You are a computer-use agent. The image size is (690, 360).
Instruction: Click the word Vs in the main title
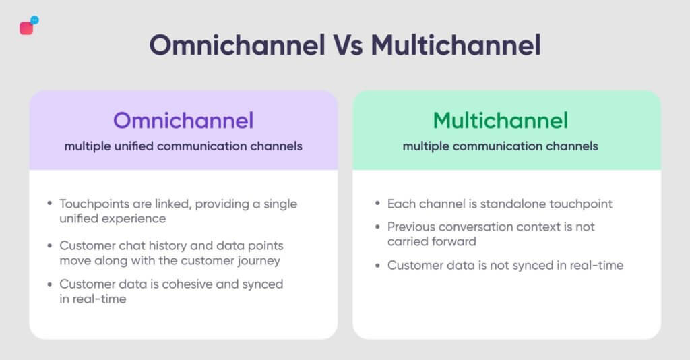tap(348, 45)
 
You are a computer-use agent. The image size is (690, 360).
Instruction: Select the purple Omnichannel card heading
tap(183, 120)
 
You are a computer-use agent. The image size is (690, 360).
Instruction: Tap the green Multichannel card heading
tap(501, 120)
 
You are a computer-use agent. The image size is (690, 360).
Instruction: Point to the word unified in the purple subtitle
tap(134, 146)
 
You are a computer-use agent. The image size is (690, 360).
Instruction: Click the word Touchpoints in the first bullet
tap(94, 204)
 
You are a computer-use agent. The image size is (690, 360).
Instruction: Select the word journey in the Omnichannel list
tap(259, 260)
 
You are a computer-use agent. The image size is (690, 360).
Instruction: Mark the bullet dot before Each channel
tap(377, 203)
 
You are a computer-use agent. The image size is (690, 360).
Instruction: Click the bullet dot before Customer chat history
tap(50, 245)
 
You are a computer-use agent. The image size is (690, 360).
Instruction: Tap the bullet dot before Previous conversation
tap(377, 227)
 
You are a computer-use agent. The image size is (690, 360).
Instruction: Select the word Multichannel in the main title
tap(456, 45)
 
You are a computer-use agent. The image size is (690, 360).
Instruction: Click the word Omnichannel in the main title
tap(237, 45)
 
